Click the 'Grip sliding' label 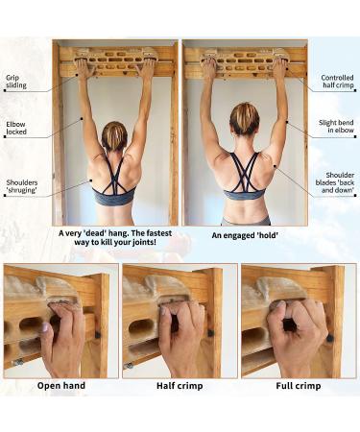click(16, 82)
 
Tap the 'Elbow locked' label click(16, 128)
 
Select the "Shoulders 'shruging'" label click(21, 186)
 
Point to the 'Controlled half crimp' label click(337, 82)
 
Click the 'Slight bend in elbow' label click(336, 127)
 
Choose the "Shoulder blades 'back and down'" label click(335, 182)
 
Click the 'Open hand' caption click(61, 386)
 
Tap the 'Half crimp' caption click(180, 386)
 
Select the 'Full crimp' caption click(299, 386)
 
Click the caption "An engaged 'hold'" click(245, 235)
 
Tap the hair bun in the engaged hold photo click(245, 119)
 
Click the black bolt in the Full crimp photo click(330, 338)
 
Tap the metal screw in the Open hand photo click(18, 362)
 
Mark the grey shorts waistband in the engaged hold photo click(246, 221)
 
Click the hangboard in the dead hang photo click(115, 60)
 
